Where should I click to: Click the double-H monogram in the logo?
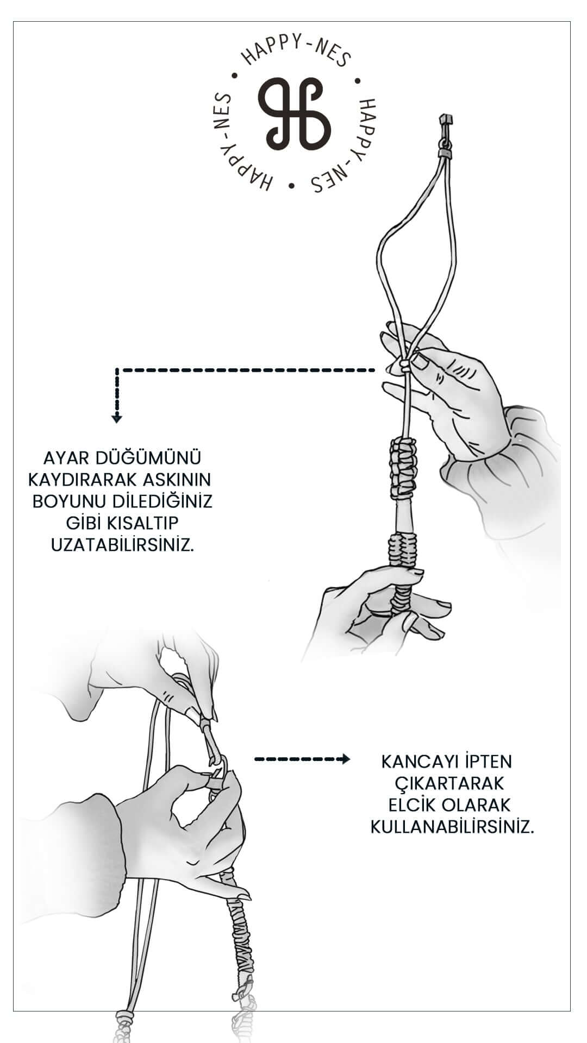click(294, 114)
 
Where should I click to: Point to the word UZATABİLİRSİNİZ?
click(122, 544)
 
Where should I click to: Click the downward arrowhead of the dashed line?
click(116, 418)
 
